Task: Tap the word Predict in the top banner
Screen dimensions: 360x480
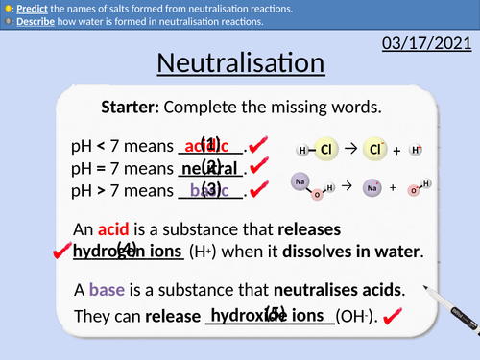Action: tap(30, 8)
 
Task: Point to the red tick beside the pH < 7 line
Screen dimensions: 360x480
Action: tap(255, 146)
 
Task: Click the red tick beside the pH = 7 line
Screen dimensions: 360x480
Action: tap(255, 168)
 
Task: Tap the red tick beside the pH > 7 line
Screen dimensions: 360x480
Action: tap(255, 190)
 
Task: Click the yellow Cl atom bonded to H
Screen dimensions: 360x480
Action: tap(326, 150)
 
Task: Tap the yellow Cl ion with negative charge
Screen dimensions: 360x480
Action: tap(377, 150)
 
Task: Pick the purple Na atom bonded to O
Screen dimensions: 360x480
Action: tap(301, 180)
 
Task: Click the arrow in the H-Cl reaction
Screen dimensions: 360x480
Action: tap(350, 150)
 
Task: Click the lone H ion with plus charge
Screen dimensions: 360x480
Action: tap(416, 150)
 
